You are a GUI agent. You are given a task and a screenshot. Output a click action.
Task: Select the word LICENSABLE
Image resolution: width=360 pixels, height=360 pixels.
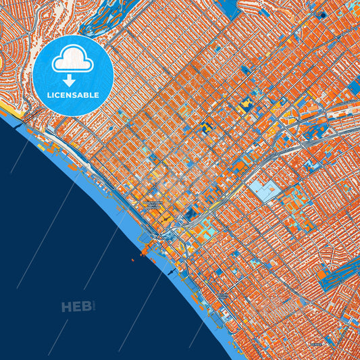click(x=73, y=95)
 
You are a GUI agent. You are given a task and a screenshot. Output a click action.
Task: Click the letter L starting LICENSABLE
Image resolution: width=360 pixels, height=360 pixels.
click(x=49, y=95)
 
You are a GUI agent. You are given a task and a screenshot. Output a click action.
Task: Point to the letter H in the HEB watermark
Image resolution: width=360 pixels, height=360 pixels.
click(x=67, y=307)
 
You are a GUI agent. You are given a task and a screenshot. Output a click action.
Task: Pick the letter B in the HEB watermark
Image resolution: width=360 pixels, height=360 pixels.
click(x=87, y=307)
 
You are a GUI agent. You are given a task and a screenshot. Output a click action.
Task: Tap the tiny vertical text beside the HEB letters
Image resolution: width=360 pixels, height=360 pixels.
click(x=96, y=307)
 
